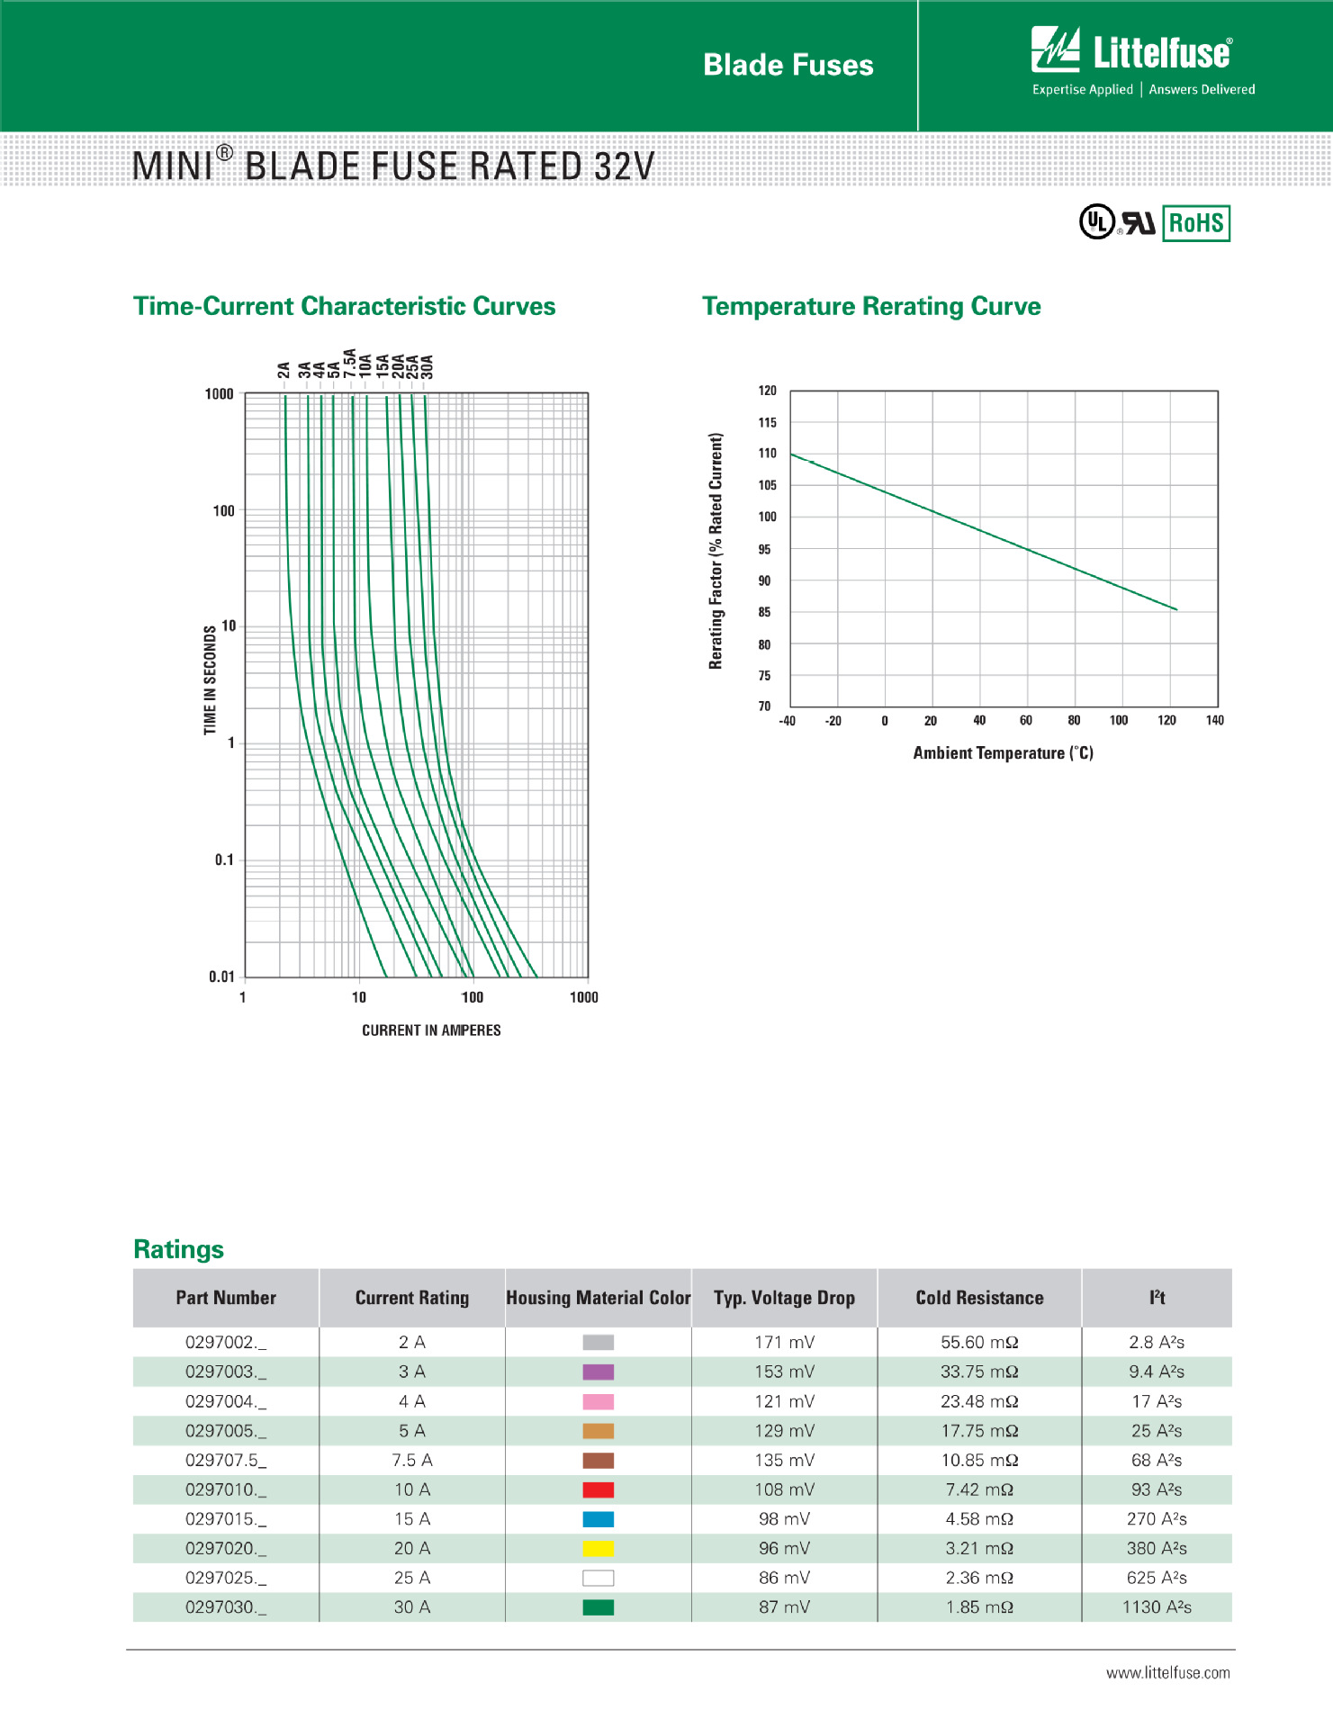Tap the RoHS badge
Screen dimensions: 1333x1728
(1196, 223)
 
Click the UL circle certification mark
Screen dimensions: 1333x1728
(1096, 221)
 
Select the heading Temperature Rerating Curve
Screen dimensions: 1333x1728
(871, 306)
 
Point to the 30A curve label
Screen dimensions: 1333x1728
(428, 366)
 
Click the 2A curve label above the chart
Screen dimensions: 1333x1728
(284, 370)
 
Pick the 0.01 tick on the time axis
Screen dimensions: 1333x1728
(221, 976)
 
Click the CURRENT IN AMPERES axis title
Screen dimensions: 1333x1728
(431, 1030)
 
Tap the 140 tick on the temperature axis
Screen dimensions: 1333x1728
(1214, 720)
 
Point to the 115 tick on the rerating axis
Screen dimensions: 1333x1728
(767, 422)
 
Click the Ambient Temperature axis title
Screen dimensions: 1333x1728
(1003, 753)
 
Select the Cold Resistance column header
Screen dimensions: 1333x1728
(979, 1298)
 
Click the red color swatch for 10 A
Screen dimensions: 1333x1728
(599, 1489)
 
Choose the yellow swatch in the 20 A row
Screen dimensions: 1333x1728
(599, 1549)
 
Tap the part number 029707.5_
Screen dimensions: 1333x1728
(226, 1461)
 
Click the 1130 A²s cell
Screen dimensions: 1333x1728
(1157, 1607)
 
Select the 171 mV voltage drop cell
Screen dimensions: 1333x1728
(785, 1343)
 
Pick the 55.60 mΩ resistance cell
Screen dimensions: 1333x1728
(979, 1343)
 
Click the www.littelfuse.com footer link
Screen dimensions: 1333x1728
(1167, 1673)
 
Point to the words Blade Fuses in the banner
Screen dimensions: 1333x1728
(788, 65)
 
